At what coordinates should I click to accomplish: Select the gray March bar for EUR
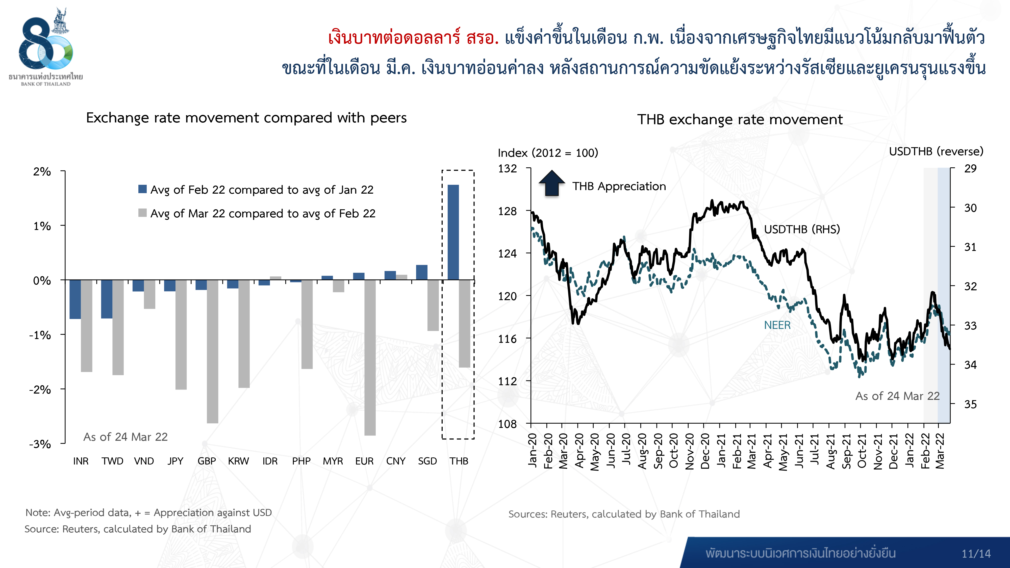(370, 357)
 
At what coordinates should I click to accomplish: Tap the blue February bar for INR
(75, 299)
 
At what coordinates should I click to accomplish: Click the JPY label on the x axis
(175, 461)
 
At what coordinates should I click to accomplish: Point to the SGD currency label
(427, 461)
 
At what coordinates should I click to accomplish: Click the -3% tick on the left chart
(40, 444)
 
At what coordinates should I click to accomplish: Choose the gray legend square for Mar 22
(142, 213)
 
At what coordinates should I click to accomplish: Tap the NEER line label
(777, 325)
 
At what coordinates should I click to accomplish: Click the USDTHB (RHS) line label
(802, 229)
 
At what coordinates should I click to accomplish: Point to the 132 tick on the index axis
(507, 169)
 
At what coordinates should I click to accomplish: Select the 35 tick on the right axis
(970, 404)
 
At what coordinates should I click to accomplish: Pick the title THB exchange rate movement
(740, 119)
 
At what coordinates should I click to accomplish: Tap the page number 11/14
(976, 554)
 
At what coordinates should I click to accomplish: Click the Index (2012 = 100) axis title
(548, 153)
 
